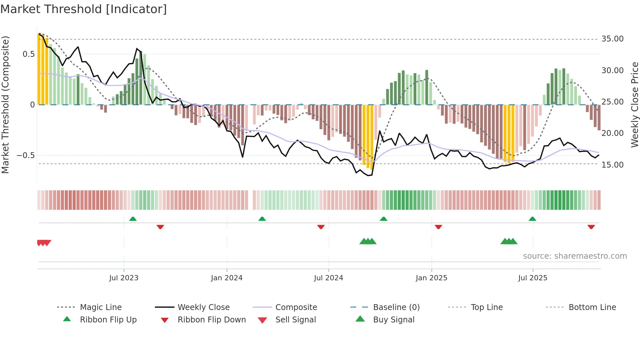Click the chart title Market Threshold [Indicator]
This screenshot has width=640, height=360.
(x=84, y=9)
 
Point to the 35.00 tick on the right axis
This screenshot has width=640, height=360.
(x=612, y=39)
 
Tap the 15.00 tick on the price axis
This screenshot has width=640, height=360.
(x=612, y=165)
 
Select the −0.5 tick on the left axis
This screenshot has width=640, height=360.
(x=25, y=155)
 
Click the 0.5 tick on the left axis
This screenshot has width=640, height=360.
(x=28, y=54)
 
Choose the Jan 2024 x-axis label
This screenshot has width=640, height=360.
(x=227, y=278)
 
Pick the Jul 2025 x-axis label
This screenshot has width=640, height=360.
(x=533, y=278)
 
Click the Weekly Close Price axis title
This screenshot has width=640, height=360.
(x=634, y=105)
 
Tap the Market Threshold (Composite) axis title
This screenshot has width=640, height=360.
(x=5, y=105)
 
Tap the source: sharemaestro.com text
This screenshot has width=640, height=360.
(x=575, y=256)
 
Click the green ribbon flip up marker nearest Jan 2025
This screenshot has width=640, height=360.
(x=384, y=219)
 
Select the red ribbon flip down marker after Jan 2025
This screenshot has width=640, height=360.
(x=438, y=227)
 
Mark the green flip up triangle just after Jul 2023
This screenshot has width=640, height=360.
(x=133, y=219)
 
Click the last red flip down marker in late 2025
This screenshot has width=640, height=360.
(x=591, y=227)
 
